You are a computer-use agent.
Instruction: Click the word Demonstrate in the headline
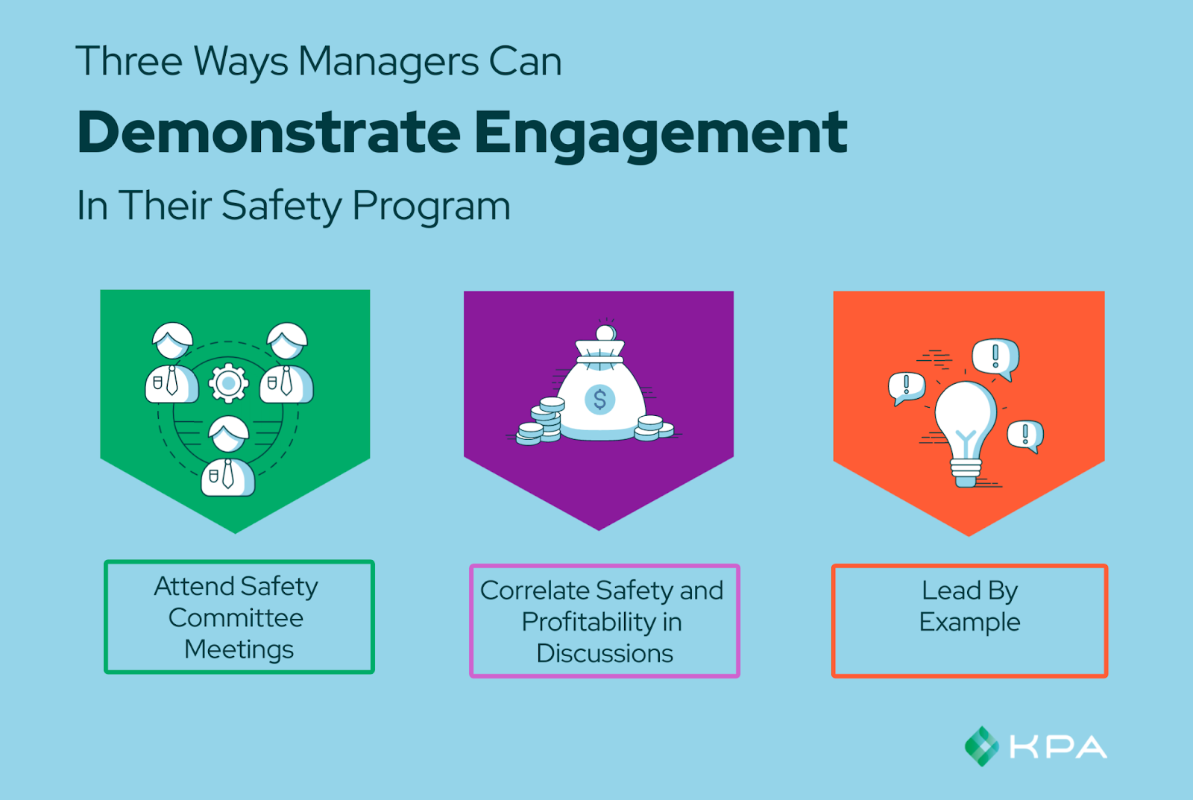point(269,132)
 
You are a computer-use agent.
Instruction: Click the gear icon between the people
point(228,382)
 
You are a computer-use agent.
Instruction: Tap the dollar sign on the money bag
point(600,400)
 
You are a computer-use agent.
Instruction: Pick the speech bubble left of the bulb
point(907,388)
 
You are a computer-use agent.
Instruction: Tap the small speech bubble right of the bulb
point(1025,436)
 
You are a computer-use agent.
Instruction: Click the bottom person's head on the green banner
point(228,434)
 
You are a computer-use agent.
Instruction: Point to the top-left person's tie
point(172,380)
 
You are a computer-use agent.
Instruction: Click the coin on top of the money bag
point(605,333)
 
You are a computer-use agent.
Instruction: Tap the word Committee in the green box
point(236,618)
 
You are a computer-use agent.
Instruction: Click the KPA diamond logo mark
point(981,746)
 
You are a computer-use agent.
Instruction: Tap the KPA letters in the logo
point(1058,747)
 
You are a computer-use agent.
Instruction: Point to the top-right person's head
point(287,341)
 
